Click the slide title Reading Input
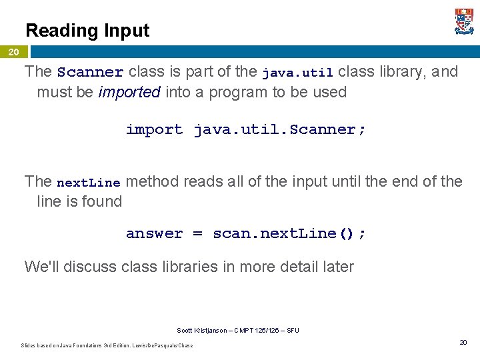(x=87, y=31)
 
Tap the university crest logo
(x=464, y=22)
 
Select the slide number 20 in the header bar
(x=13, y=52)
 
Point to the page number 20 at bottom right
(x=463, y=342)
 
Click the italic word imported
(x=129, y=92)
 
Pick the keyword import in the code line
(x=154, y=129)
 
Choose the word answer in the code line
(x=154, y=233)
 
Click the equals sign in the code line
(x=197, y=233)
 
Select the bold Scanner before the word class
(x=90, y=72)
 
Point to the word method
(x=151, y=181)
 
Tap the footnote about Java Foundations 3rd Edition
(x=107, y=345)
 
